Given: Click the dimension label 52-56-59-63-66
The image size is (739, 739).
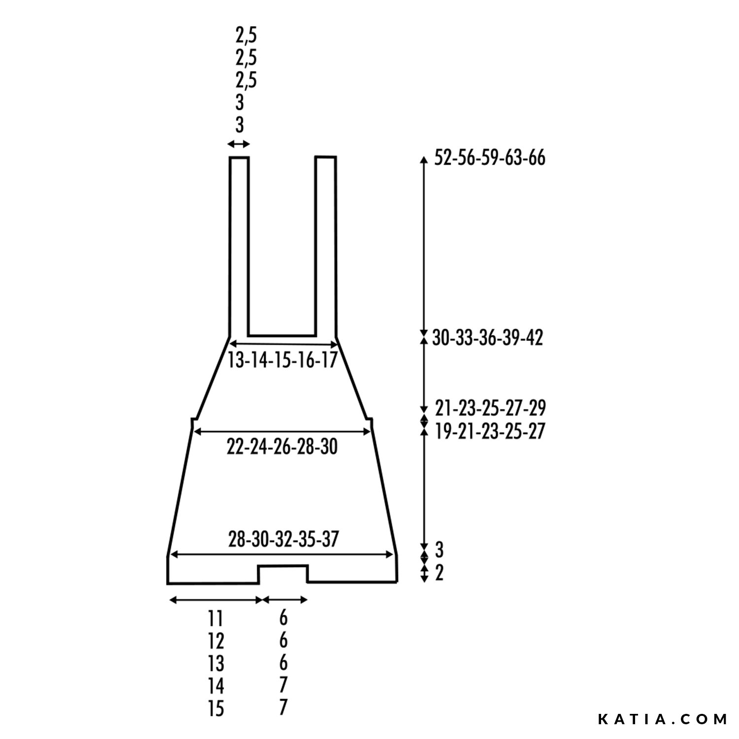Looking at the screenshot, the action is [490, 158].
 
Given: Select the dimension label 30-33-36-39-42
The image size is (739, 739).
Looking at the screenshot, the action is [487, 338].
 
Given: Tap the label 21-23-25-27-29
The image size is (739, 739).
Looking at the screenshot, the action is [490, 408].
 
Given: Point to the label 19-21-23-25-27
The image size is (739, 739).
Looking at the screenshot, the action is [490, 431].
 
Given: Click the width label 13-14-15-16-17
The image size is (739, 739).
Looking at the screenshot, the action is [282, 360].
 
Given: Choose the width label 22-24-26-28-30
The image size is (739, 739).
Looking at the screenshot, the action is [282, 447].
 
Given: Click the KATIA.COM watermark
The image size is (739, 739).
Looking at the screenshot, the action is [663, 719].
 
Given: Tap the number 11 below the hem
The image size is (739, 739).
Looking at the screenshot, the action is [216, 619].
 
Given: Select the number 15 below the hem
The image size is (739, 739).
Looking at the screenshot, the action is [216, 708].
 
